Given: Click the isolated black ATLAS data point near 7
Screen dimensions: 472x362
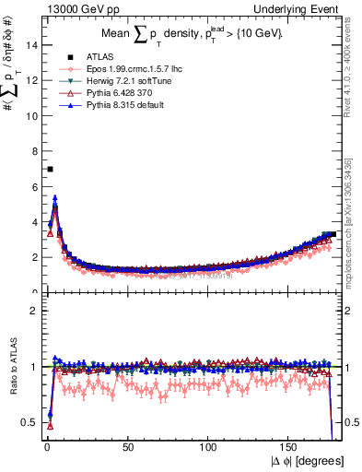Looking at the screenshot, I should click(x=50, y=169).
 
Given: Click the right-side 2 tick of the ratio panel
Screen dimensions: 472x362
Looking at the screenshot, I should click(x=355, y=311).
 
